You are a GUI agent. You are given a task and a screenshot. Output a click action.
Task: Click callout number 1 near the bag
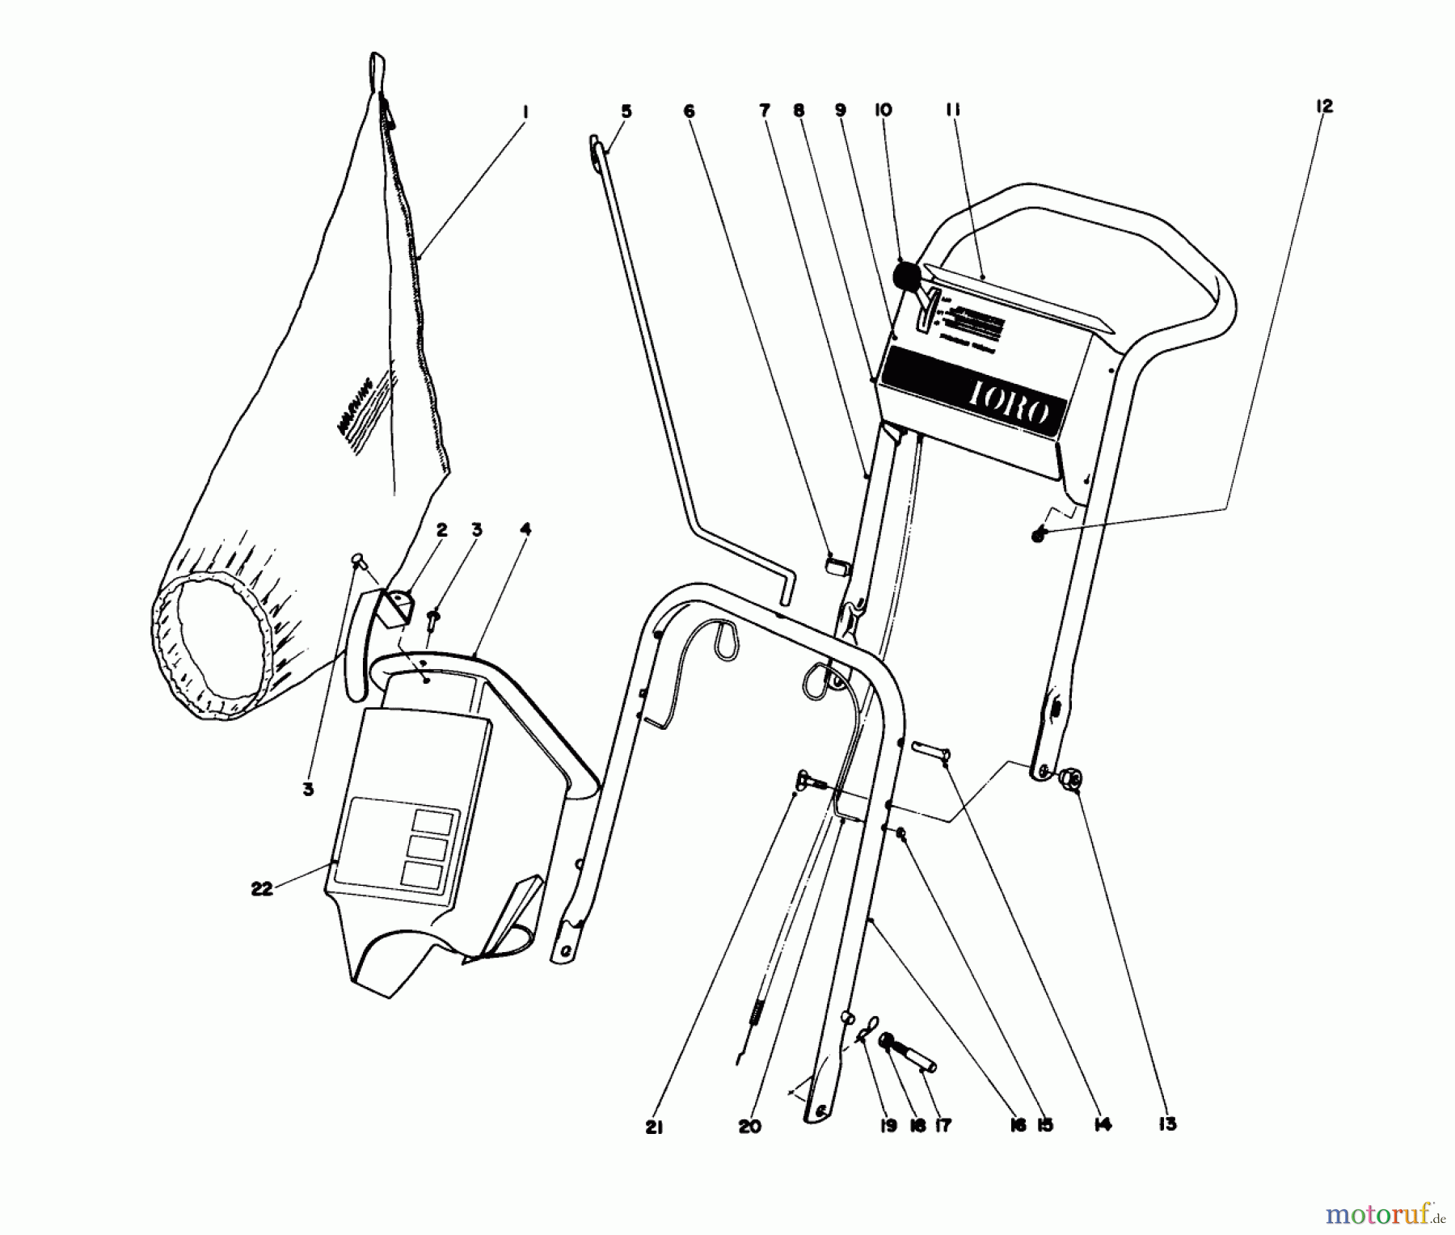[x=525, y=112]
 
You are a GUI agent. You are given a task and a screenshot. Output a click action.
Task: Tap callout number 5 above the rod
[x=626, y=112]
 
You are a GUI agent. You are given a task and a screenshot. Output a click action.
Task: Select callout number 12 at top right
[x=1323, y=106]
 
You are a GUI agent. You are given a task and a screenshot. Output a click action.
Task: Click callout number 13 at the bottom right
[x=1167, y=1124]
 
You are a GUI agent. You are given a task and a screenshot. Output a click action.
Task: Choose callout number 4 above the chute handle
[x=525, y=530]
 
